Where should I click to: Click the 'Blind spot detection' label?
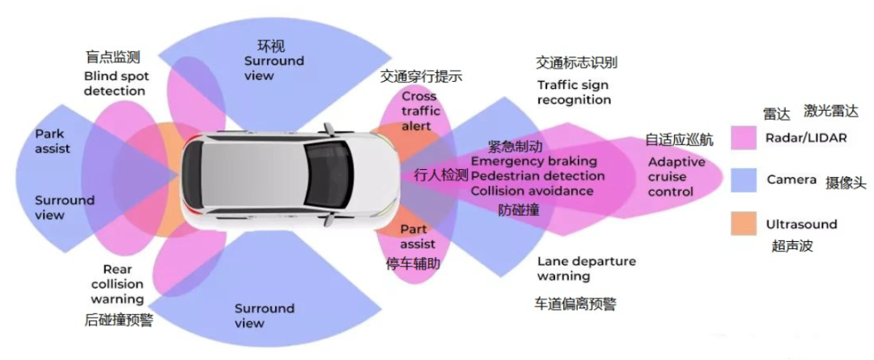pyautogui.click(x=114, y=83)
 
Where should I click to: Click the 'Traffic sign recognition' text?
pyautogui.click(x=574, y=92)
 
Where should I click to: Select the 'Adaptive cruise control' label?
pyautogui.click(x=676, y=176)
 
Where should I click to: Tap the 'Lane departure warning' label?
pyautogui.click(x=586, y=269)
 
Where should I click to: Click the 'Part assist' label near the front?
pyautogui.click(x=418, y=236)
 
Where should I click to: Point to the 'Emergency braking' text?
pyautogui.click(x=533, y=161)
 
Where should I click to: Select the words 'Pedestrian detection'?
pyautogui.click(x=537, y=176)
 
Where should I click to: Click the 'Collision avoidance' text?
pyautogui.click(x=532, y=191)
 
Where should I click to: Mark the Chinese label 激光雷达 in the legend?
pyautogui.click(x=829, y=111)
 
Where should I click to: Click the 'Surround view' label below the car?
pyautogui.click(x=264, y=316)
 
